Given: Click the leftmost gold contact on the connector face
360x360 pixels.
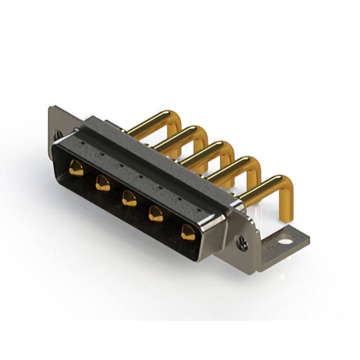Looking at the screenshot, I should tap(76, 168).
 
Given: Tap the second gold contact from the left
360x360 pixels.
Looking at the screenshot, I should tap(102, 183).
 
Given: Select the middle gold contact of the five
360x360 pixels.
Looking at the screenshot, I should tap(129, 198).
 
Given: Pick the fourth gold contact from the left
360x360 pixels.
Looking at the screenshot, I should tap(156, 214).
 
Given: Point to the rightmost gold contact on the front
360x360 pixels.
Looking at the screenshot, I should tap(187, 232).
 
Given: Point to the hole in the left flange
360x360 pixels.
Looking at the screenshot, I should tap(58, 134).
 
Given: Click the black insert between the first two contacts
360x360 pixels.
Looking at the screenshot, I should tap(89, 175).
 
